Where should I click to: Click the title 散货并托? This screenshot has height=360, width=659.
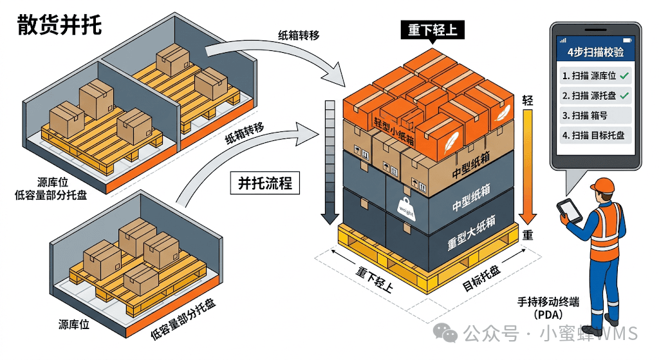59,25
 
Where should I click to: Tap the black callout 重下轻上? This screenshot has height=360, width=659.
432,30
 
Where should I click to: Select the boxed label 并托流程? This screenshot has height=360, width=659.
265,183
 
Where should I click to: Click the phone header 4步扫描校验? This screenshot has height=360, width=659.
595,52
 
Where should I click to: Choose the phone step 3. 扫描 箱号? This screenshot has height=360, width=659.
584,115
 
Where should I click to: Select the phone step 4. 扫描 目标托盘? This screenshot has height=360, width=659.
593,135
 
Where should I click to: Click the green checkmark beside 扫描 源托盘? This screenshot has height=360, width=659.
624,95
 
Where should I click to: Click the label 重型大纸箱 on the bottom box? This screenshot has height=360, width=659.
471,233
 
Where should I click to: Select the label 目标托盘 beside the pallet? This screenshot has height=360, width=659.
481,278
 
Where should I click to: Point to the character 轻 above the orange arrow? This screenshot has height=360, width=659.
528,100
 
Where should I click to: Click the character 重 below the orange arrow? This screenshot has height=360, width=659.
528,234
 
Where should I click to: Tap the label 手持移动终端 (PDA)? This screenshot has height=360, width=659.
548,308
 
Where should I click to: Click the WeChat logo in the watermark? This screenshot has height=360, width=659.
445,333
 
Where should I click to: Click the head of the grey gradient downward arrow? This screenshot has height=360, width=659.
329,218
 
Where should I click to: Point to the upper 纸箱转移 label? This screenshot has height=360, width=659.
299,35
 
